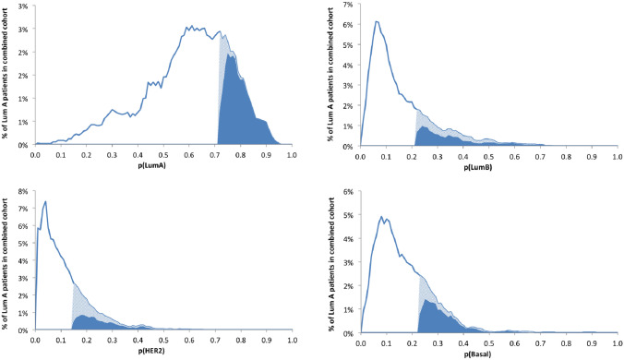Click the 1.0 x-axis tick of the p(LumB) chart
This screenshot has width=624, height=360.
click(x=614, y=155)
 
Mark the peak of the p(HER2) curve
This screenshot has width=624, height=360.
click(x=45, y=201)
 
